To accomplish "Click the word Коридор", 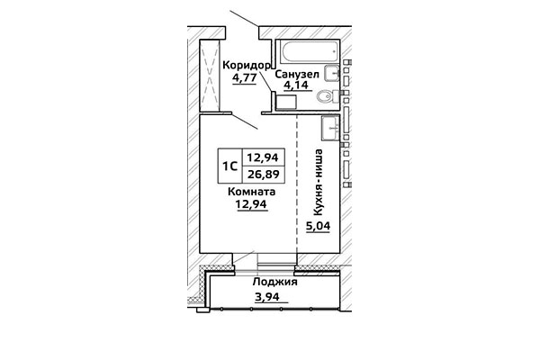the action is click(247, 66).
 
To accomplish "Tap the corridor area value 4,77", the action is click(244, 77).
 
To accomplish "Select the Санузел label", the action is click(297, 74).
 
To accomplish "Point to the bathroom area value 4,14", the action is click(295, 85).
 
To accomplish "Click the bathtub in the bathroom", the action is click(310, 52).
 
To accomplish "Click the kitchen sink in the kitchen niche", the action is click(331, 128).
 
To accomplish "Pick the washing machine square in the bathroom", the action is click(286, 103).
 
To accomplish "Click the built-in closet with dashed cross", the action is click(210, 76).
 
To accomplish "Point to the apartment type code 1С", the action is click(230, 166).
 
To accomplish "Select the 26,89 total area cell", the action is click(264, 175).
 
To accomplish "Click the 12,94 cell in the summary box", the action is click(264, 157).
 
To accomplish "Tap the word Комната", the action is click(251, 192).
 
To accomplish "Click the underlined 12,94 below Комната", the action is click(251, 204).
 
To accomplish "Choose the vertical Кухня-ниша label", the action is click(319, 182).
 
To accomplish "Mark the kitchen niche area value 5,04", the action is click(319, 226).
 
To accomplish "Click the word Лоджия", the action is click(274, 282).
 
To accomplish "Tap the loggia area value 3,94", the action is click(267, 296).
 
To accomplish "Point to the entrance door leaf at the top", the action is click(244, 19).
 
